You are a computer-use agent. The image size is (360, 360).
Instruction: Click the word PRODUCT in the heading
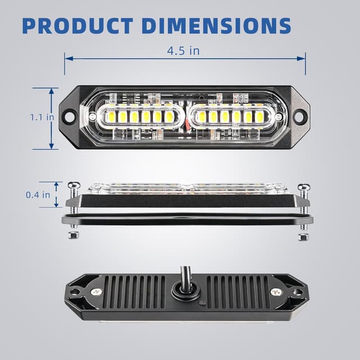coord(76,25)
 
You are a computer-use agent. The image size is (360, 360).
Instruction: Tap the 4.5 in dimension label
coord(184,51)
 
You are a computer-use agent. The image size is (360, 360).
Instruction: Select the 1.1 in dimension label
coord(42,118)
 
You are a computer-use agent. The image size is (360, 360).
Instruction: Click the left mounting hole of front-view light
coord(69,118)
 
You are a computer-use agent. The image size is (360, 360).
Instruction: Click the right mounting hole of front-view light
coord(299,117)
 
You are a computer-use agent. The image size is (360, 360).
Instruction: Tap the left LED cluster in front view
coord(140,117)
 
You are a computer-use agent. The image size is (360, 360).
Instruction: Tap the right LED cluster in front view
coord(231,117)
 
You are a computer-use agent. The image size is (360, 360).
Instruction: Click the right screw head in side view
coord(304,187)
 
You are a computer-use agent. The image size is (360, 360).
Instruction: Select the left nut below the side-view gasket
coord(73,235)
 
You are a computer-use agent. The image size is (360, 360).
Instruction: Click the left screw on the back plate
coord(97,292)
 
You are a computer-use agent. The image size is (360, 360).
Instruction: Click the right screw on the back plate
coord(276,292)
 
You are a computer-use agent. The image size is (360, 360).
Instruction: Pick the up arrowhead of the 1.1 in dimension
coord(51,91)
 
